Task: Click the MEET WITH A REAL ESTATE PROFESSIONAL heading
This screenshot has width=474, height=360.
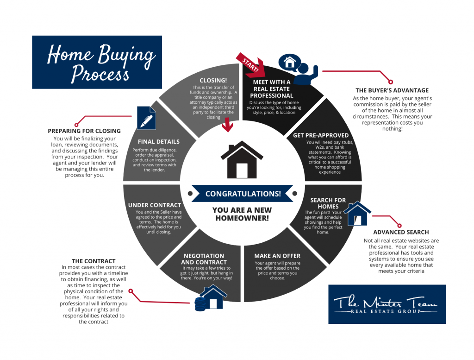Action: point(272,88)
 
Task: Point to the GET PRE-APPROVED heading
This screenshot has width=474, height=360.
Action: point(320,135)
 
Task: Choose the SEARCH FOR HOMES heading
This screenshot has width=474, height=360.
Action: point(328,203)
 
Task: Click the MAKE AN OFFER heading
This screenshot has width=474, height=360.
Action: point(277,256)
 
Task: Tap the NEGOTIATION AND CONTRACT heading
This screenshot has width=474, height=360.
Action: point(203,259)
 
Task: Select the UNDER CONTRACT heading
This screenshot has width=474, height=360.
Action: point(155,205)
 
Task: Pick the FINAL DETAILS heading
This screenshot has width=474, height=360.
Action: point(159,142)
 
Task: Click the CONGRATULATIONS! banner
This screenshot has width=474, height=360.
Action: point(243,194)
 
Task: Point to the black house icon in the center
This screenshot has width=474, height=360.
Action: point(242,160)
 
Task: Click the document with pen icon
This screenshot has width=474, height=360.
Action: point(146,118)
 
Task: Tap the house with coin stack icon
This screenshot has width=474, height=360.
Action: point(210,298)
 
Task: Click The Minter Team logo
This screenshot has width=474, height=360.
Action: point(387,304)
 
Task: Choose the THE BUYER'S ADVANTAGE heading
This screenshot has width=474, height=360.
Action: point(392,90)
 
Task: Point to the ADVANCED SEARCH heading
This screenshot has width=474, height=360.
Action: point(401,232)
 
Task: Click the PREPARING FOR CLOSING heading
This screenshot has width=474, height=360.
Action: point(84,131)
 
